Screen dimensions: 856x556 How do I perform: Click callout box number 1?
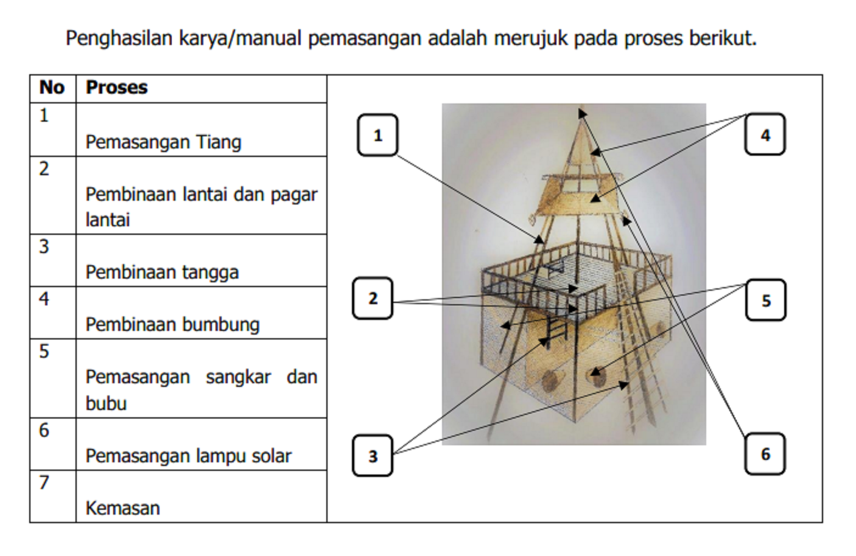tap(377, 135)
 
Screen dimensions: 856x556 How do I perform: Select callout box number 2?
tap(373, 298)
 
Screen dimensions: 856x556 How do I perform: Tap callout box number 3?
tap(373, 456)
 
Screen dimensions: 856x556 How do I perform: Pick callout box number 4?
tap(765, 134)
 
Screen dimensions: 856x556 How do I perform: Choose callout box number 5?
tap(766, 300)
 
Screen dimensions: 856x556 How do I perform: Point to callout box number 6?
tap(765, 454)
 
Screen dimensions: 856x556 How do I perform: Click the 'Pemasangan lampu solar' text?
tap(188, 456)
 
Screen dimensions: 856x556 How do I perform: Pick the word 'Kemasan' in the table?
tap(122, 509)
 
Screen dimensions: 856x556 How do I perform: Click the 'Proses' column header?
tap(116, 88)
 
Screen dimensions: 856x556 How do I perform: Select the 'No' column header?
tap(52, 88)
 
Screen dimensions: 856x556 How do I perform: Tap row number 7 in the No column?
tap(44, 482)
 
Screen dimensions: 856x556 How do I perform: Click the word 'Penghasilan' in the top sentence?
tap(119, 38)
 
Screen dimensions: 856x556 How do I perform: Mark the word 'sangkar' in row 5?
tap(239, 377)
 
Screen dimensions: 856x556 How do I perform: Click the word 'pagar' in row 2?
tap(294, 195)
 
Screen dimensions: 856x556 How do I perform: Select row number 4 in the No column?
tap(44, 299)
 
